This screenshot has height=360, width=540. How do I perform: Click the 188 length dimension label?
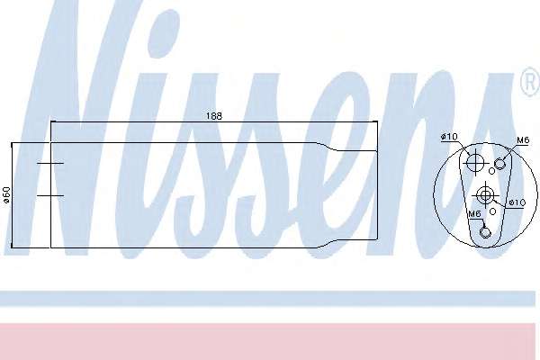coord(214,116)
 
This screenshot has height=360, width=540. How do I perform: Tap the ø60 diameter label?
coord(6,194)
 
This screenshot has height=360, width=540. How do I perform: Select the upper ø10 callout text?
coord(449,137)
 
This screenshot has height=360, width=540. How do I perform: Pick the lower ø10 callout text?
coord(517,202)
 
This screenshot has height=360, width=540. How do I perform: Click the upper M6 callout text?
coord(522,140)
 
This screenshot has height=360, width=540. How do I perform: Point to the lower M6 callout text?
coord(474,214)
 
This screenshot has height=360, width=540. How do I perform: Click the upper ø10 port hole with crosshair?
coord(475,162)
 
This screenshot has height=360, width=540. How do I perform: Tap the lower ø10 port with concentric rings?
coord(485,195)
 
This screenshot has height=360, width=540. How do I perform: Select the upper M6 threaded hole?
coord(499,164)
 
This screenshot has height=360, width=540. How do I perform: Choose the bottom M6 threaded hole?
coord(484,232)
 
